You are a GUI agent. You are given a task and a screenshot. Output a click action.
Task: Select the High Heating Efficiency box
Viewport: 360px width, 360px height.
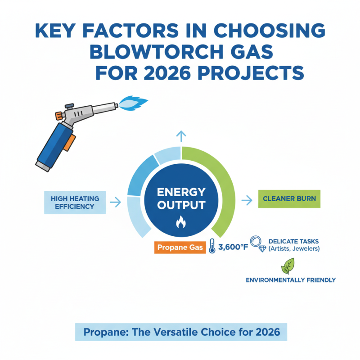(72, 202)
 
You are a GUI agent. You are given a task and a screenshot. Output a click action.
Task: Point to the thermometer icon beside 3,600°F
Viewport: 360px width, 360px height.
(211, 247)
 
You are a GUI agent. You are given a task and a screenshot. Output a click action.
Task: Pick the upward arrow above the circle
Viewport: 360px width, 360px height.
(181, 135)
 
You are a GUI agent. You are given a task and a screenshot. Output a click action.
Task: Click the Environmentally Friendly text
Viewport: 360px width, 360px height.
(290, 280)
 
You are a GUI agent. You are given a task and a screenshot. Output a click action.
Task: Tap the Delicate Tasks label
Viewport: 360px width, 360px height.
(293, 241)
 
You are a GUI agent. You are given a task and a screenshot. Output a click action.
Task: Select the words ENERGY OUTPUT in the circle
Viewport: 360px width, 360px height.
(181, 198)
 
